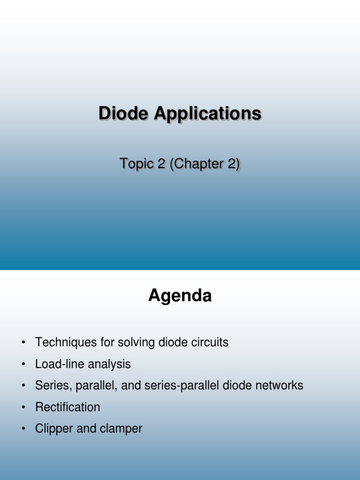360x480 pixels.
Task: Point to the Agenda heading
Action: [x=180, y=296]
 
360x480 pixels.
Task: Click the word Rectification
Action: [x=67, y=407]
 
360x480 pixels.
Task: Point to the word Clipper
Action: [x=51, y=429]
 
